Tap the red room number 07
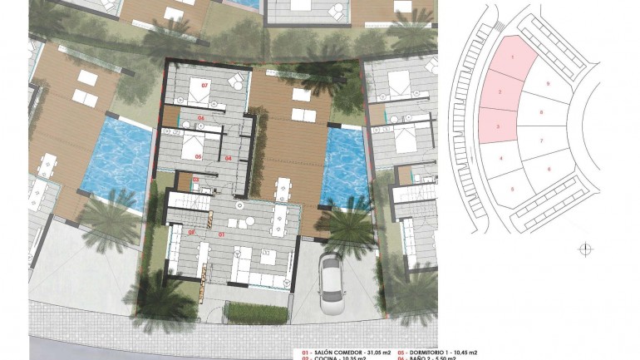pyautogui.click(x=203, y=85)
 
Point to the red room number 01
pyautogui.click(x=222, y=235)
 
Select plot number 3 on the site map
pyautogui.click(x=497, y=126)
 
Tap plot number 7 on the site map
pyautogui.click(x=541, y=141)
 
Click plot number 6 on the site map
pyautogui.click(x=549, y=170)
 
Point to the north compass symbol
pyautogui.click(x=585, y=247)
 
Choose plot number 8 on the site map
pyautogui.click(x=541, y=111)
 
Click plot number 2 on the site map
pyautogui.click(x=500, y=91)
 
